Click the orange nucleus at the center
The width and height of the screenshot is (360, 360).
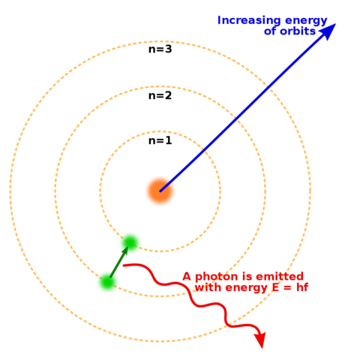pyautogui.click(x=160, y=190)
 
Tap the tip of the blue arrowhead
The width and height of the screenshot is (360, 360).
pyautogui.click(x=336, y=24)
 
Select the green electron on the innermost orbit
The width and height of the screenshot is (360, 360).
pyautogui.click(x=130, y=243)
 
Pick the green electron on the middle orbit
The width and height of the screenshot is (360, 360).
pyautogui.click(x=107, y=282)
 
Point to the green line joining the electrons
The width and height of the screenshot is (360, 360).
pyautogui.click(x=118, y=262)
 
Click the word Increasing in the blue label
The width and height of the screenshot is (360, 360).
pyautogui.click(x=247, y=20)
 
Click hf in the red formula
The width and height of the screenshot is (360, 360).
pyautogui.click(x=301, y=287)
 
